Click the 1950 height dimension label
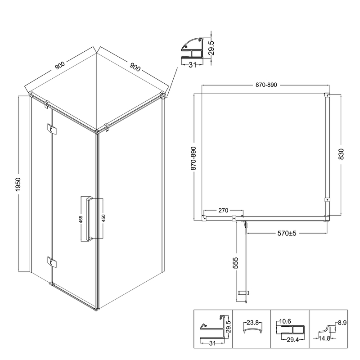pyautogui.click(x=18, y=184)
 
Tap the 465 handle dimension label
pyautogui.click(x=81, y=219)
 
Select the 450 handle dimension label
pyautogui.click(x=103, y=218)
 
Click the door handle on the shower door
pyautogui.click(x=89, y=219)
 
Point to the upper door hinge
pyautogui.click(x=52, y=129)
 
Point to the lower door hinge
pyautogui.click(x=52, y=262)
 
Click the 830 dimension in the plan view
pyautogui.click(x=341, y=154)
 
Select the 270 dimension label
pyautogui.click(x=223, y=210)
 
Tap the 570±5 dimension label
pyautogui.click(x=287, y=233)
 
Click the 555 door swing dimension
pyautogui.click(x=235, y=263)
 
